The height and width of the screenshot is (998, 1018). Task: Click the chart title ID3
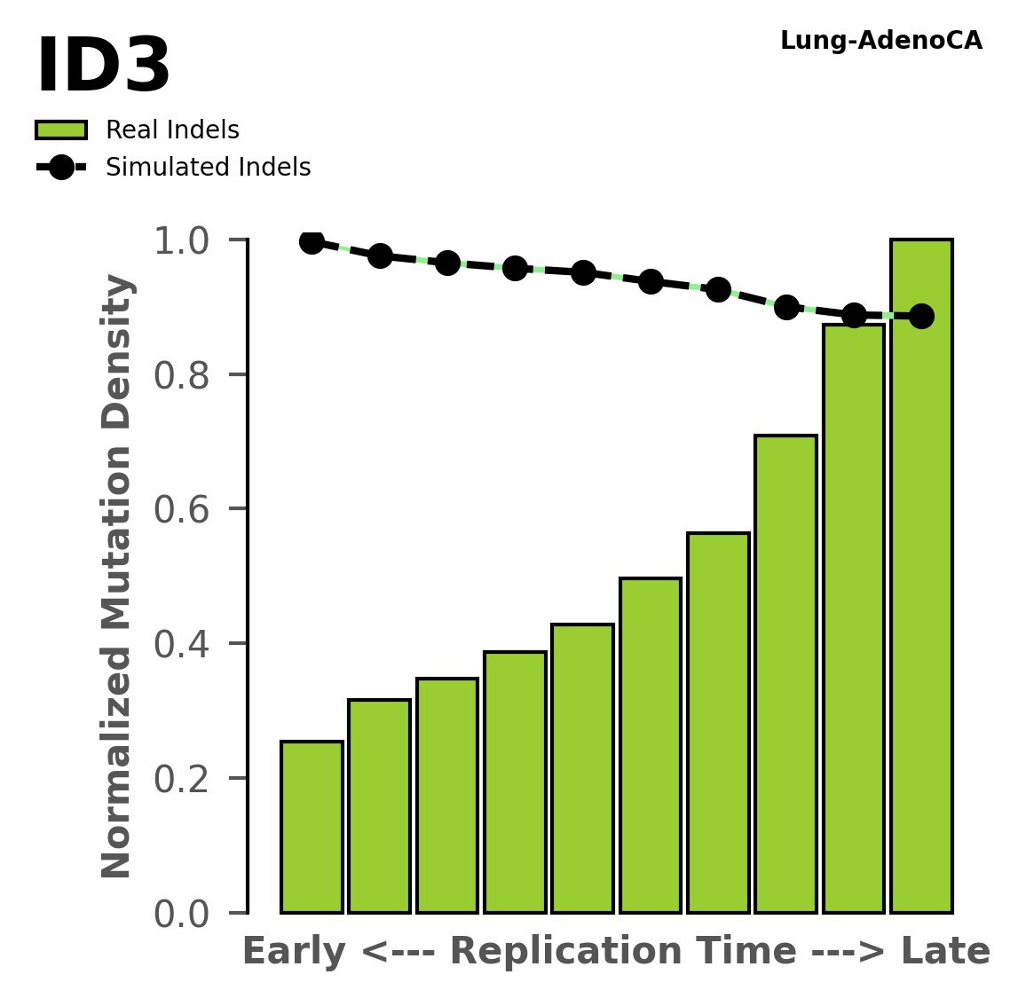click(x=103, y=67)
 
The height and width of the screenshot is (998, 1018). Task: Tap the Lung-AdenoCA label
click(x=880, y=41)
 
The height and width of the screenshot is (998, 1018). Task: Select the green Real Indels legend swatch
click(x=61, y=130)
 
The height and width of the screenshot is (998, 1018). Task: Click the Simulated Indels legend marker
click(x=61, y=168)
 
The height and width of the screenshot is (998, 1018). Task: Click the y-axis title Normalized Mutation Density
click(x=117, y=577)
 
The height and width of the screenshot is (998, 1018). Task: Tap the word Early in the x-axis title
click(x=294, y=953)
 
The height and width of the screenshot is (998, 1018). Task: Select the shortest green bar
click(x=312, y=827)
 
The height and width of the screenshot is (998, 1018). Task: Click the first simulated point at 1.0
click(x=312, y=241)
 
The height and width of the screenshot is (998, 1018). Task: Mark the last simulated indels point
click(x=921, y=316)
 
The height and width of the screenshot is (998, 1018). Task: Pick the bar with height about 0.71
click(x=785, y=674)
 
